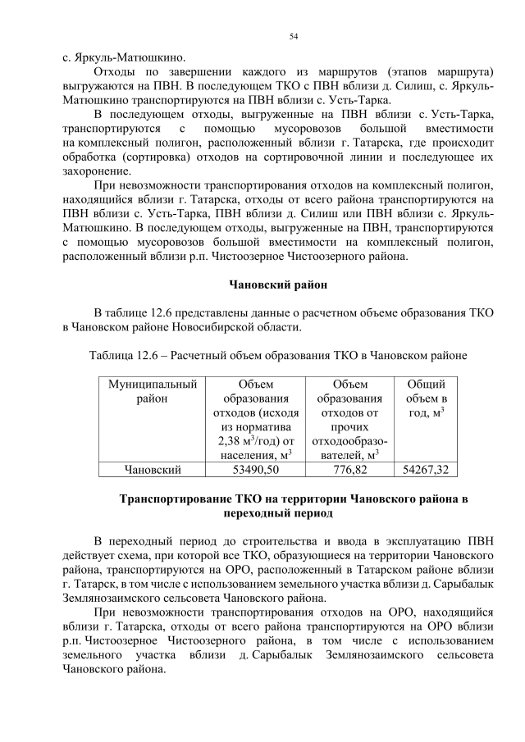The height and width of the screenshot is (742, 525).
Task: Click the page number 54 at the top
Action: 294,36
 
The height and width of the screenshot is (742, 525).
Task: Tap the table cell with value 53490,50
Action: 255,470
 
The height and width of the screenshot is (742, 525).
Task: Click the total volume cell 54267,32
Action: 426,470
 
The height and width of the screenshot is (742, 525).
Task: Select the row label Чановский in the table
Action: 152,470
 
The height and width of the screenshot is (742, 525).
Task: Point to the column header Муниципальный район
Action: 152,391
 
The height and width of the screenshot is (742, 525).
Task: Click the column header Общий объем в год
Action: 426,398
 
